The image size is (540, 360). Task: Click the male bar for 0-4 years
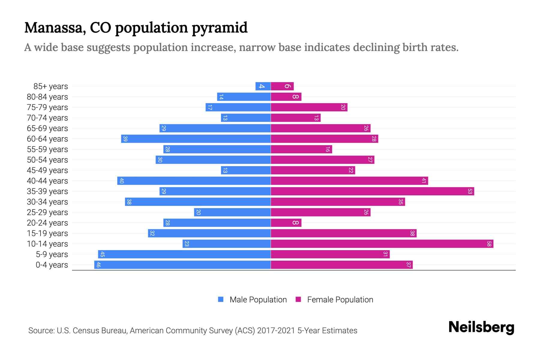(182, 265)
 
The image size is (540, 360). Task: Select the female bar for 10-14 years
(382, 244)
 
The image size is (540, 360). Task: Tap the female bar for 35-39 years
(372, 191)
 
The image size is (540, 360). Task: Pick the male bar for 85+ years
(263, 86)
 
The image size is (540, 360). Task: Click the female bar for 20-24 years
(286, 223)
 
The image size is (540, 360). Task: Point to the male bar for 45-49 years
(246, 170)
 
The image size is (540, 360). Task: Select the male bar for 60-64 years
(196, 139)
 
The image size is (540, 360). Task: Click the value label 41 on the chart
(424, 181)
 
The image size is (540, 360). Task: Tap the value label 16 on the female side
(328, 149)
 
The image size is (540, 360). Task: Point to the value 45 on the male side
(102, 254)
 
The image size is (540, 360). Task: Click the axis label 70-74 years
(47, 118)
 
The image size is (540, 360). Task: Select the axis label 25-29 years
(47, 212)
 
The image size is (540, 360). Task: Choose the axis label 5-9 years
(52, 254)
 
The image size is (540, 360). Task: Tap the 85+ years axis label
(51, 86)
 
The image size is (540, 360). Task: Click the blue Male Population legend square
(221, 299)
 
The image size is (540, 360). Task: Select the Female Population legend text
(340, 299)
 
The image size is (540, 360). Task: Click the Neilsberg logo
(481, 327)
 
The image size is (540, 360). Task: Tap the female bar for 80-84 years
(286, 97)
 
